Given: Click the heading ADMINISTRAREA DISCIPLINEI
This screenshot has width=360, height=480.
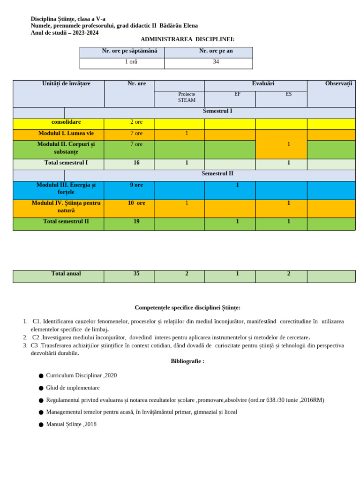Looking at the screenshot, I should (x=187, y=39).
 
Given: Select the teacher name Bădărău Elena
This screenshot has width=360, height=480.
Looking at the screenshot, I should (x=179, y=26).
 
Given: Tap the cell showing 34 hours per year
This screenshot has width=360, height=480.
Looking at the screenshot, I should (x=216, y=62).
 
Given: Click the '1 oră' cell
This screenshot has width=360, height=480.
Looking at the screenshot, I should (x=131, y=62).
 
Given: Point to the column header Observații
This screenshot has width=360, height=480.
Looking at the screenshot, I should (x=338, y=84).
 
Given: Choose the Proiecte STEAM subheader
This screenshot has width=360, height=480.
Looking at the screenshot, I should (x=187, y=97).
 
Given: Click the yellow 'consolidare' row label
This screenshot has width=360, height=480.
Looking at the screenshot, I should (x=66, y=122).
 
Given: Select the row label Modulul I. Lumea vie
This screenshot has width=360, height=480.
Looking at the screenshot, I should (x=66, y=134).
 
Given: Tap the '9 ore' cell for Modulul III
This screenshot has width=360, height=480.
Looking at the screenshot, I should (x=136, y=185).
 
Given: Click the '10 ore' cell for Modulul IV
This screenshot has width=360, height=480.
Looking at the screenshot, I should (x=136, y=203).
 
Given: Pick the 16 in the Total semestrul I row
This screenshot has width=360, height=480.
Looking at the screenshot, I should (x=136, y=163).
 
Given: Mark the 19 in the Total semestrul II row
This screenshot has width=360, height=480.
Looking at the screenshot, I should (x=136, y=222).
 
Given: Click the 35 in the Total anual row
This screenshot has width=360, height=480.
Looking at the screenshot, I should (x=136, y=274).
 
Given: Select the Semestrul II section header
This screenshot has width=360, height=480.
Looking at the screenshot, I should (x=217, y=174).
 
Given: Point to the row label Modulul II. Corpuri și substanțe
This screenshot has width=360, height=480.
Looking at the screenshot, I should (x=66, y=148).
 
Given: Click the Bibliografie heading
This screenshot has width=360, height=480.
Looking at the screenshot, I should (x=187, y=361).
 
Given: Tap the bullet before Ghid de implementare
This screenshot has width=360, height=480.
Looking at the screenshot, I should (x=41, y=389).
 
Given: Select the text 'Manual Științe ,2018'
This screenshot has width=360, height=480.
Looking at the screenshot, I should (x=71, y=424).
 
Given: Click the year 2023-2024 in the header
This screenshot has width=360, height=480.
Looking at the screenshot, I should (x=86, y=33).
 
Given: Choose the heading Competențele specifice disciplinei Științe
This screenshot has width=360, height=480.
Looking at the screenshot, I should (x=187, y=308).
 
